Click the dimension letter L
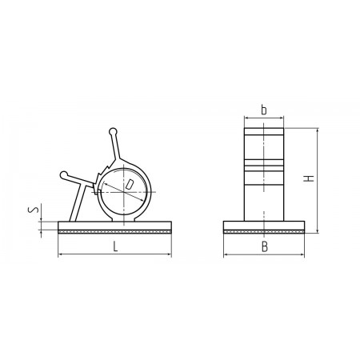click(115, 246)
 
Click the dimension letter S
click(33, 210)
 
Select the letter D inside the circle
click(130, 184)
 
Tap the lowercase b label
click(264, 110)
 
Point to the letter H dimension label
click(309, 178)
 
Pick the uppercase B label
click(264, 247)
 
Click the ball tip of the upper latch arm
click(113, 131)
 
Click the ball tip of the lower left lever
click(64, 174)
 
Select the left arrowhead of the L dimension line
click(61, 254)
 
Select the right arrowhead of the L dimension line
click(169, 254)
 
